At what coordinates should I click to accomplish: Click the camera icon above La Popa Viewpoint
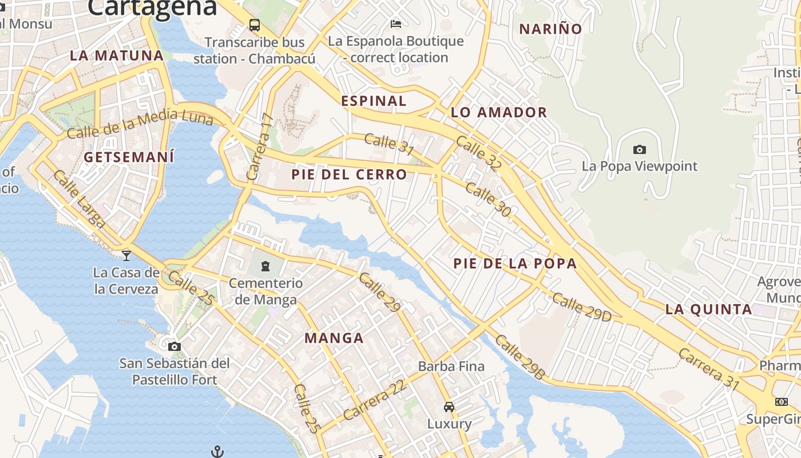[639, 150]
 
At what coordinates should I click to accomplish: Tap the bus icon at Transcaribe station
[254, 25]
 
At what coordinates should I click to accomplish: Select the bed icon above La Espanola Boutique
[395, 24]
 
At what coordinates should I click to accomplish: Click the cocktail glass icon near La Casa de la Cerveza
[126, 255]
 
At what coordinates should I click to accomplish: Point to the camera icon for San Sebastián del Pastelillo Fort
[175, 346]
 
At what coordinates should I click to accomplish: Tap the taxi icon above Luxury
[449, 407]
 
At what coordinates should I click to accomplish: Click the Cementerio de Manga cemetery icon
[265, 266]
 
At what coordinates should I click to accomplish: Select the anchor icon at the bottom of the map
[217, 452]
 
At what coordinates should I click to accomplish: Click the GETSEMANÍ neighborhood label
[129, 157]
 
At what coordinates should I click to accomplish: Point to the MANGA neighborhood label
[334, 338]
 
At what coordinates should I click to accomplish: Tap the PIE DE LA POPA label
[515, 263]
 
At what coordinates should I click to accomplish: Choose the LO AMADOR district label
[499, 112]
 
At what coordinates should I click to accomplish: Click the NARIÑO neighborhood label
[550, 29]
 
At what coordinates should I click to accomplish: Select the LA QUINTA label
[708, 309]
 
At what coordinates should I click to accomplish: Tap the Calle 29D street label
[581, 307]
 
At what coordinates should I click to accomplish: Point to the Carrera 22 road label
[375, 399]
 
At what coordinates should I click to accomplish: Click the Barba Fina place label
[451, 366]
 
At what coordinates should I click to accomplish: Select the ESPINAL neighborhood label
[374, 101]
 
